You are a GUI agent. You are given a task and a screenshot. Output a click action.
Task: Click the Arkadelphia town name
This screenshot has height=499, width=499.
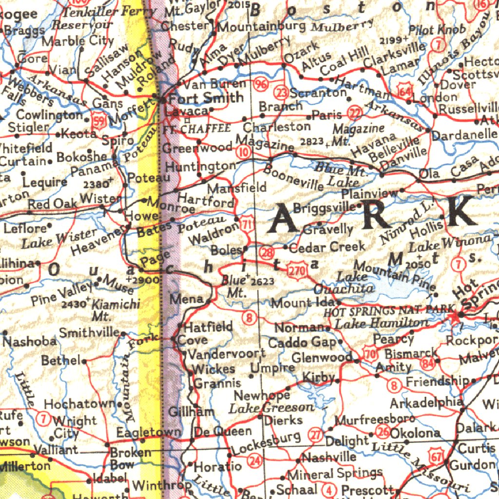click(x=426, y=403)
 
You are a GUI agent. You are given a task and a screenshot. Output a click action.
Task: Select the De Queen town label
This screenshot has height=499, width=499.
click(x=223, y=431)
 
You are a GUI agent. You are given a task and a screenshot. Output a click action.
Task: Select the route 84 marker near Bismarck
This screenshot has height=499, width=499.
click(x=429, y=363)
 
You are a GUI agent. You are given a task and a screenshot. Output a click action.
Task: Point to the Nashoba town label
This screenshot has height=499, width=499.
click(x=30, y=341)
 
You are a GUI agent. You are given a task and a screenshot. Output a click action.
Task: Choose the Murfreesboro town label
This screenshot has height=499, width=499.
click(x=375, y=419)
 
